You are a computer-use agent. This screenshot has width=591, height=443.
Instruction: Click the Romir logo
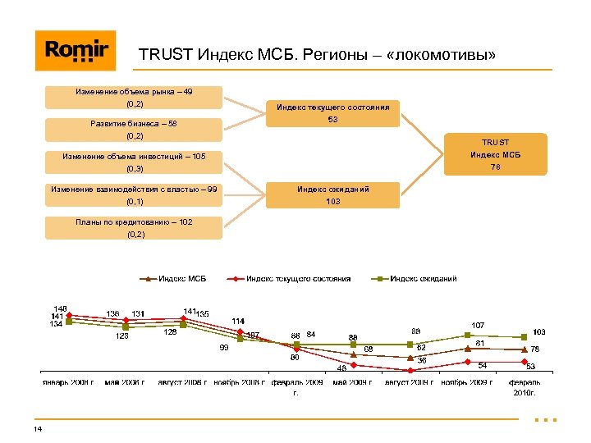click(76, 50)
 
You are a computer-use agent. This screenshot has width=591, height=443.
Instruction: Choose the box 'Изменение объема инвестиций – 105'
click(134, 162)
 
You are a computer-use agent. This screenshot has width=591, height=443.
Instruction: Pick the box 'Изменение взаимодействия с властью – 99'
click(134, 194)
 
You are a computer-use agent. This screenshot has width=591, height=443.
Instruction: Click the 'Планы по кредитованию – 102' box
click(134, 227)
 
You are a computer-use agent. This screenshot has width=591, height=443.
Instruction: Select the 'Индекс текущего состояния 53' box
click(332, 113)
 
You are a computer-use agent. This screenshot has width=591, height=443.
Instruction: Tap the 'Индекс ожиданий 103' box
click(332, 194)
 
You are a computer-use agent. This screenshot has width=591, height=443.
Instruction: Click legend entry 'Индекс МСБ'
click(181, 279)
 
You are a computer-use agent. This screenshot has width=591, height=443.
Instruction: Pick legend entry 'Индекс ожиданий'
click(423, 279)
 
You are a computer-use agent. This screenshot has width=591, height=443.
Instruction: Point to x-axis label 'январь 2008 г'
click(69, 382)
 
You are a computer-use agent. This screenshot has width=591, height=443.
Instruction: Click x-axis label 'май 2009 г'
click(353, 382)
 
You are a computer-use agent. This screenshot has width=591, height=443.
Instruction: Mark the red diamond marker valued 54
click(466, 362)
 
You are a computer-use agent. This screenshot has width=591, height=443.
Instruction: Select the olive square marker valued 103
click(524, 337)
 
